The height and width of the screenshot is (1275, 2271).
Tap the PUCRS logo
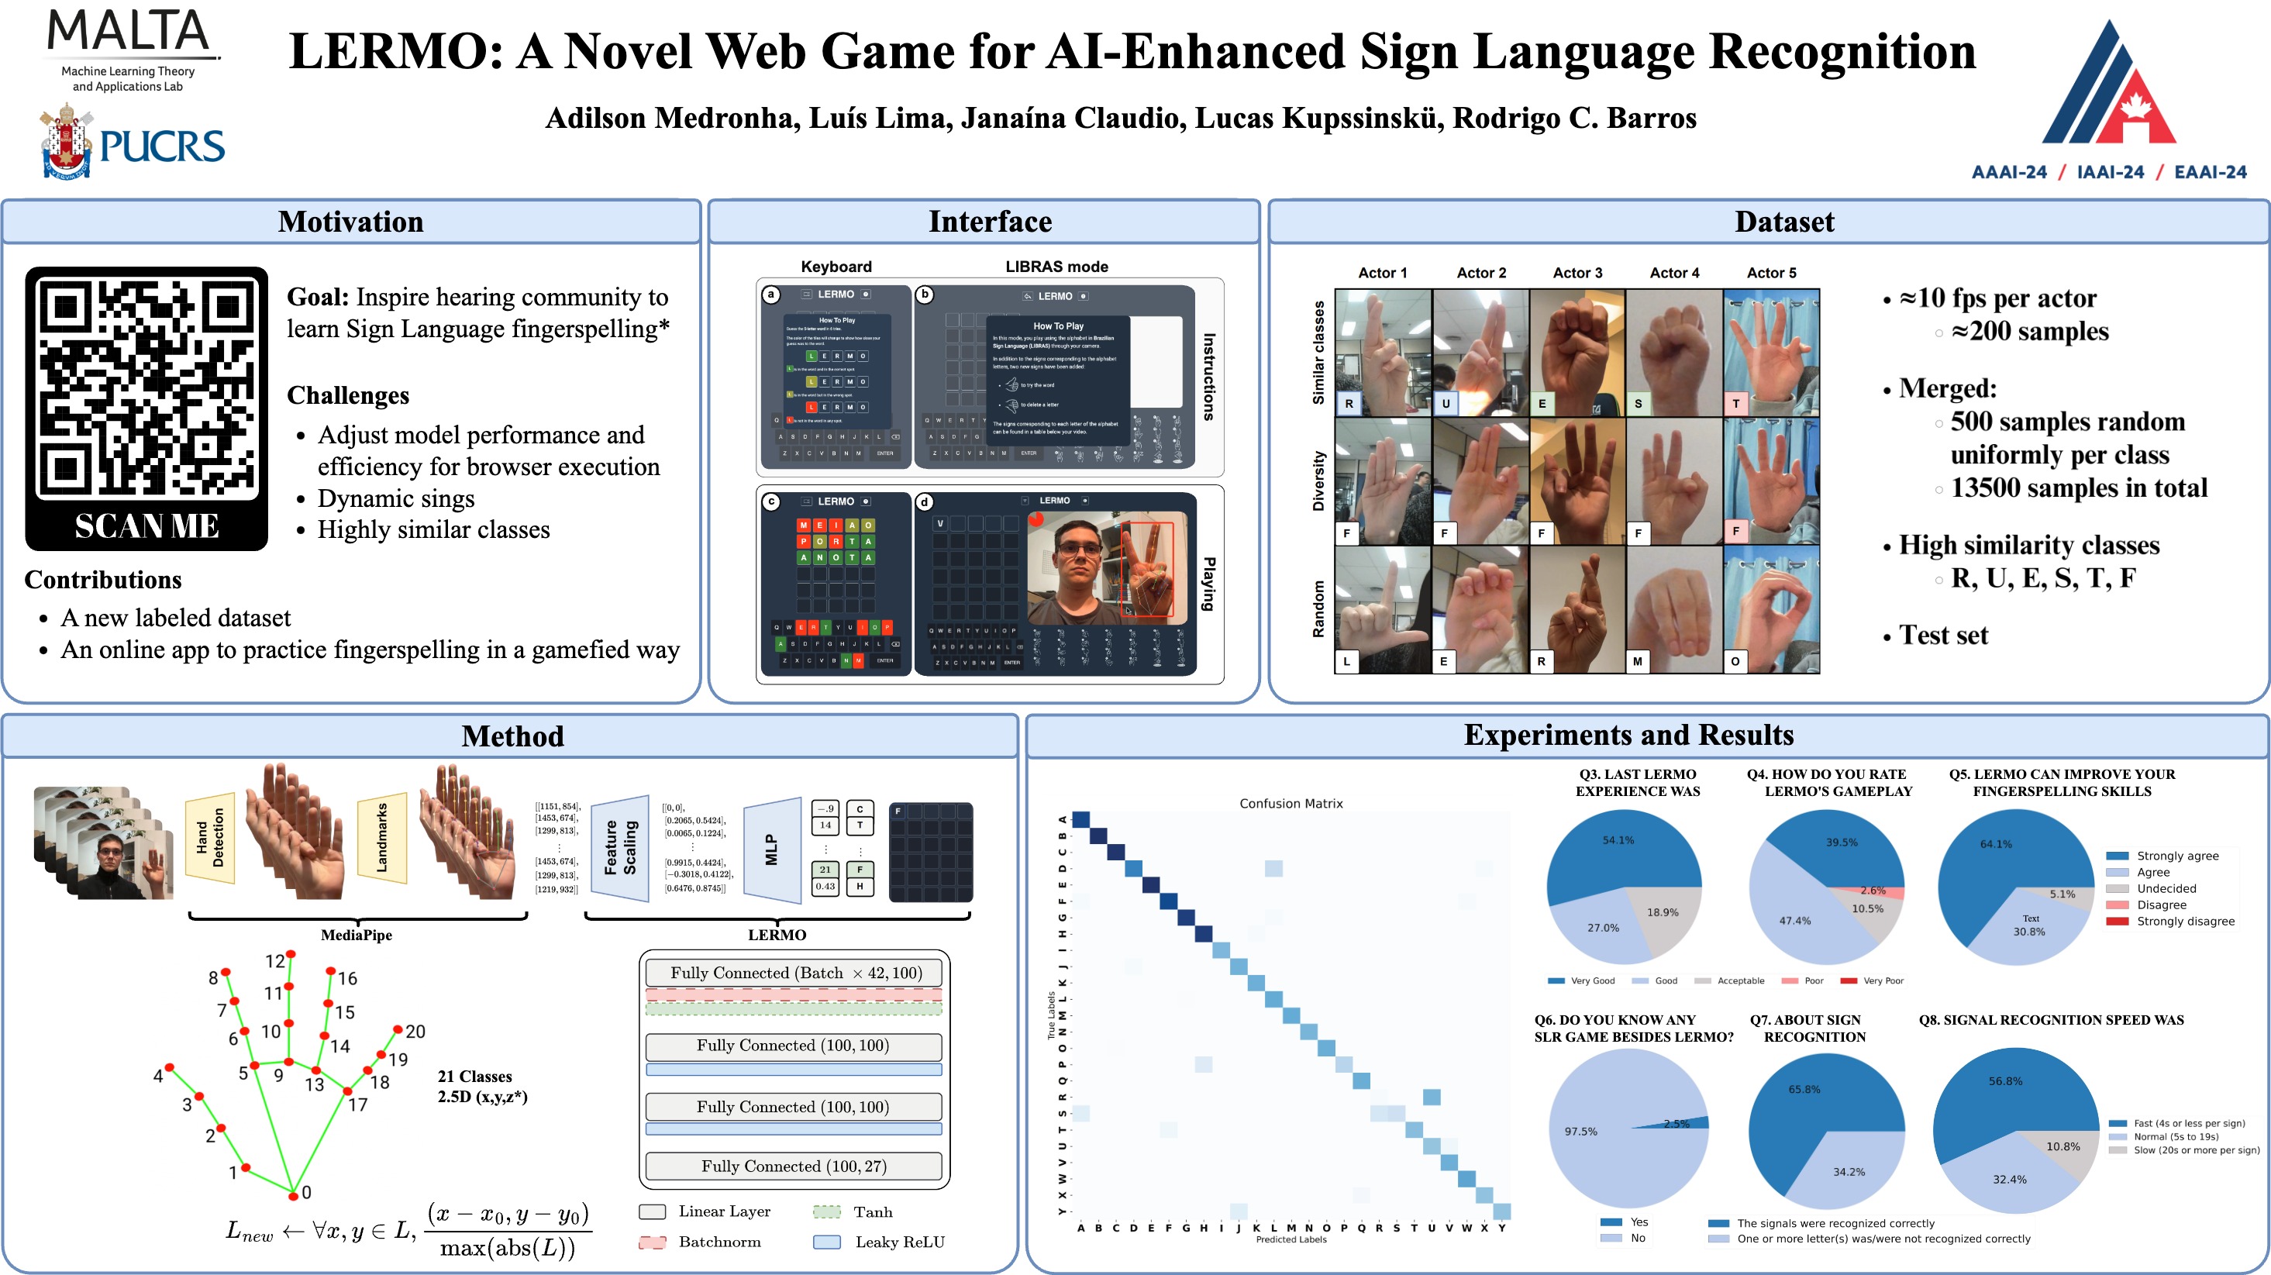point(133,143)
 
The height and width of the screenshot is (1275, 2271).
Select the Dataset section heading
point(1783,222)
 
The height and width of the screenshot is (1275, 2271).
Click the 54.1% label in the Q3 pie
point(1618,840)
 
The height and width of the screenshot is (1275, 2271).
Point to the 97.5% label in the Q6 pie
point(1580,1132)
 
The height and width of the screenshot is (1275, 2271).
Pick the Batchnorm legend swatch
point(653,1242)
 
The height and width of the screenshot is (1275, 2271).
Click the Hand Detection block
point(211,838)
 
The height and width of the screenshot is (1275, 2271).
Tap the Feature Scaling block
point(620,847)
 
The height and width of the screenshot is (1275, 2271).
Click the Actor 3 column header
point(1577,274)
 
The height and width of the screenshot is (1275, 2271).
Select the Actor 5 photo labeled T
point(1771,353)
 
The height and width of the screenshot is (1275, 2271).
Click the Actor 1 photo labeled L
point(1382,610)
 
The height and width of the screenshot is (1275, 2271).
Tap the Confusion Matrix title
point(1291,803)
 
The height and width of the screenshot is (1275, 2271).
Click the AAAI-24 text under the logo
point(2008,173)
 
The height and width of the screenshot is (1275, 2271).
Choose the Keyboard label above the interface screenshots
point(836,267)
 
